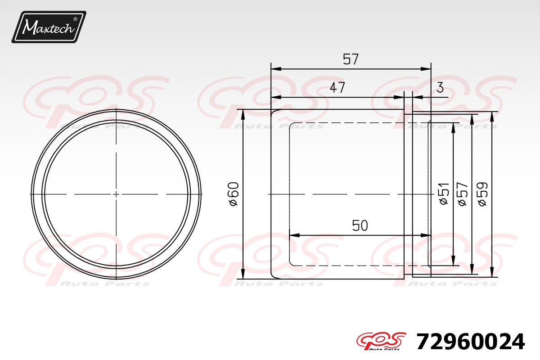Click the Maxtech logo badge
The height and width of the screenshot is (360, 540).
click(x=49, y=27)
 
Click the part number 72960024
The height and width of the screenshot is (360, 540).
click(x=471, y=342)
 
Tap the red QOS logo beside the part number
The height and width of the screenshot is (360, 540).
click(x=381, y=341)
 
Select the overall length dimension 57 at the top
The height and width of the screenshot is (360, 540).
click(x=351, y=59)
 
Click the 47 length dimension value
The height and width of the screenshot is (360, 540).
click(x=337, y=88)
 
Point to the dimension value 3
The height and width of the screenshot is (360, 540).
click(x=440, y=88)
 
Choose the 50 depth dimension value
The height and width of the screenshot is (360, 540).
click(x=360, y=225)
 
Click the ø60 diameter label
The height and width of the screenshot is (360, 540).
click(x=234, y=194)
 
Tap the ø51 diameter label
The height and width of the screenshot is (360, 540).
click(x=444, y=194)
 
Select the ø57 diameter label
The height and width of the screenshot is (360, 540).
click(x=463, y=194)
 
